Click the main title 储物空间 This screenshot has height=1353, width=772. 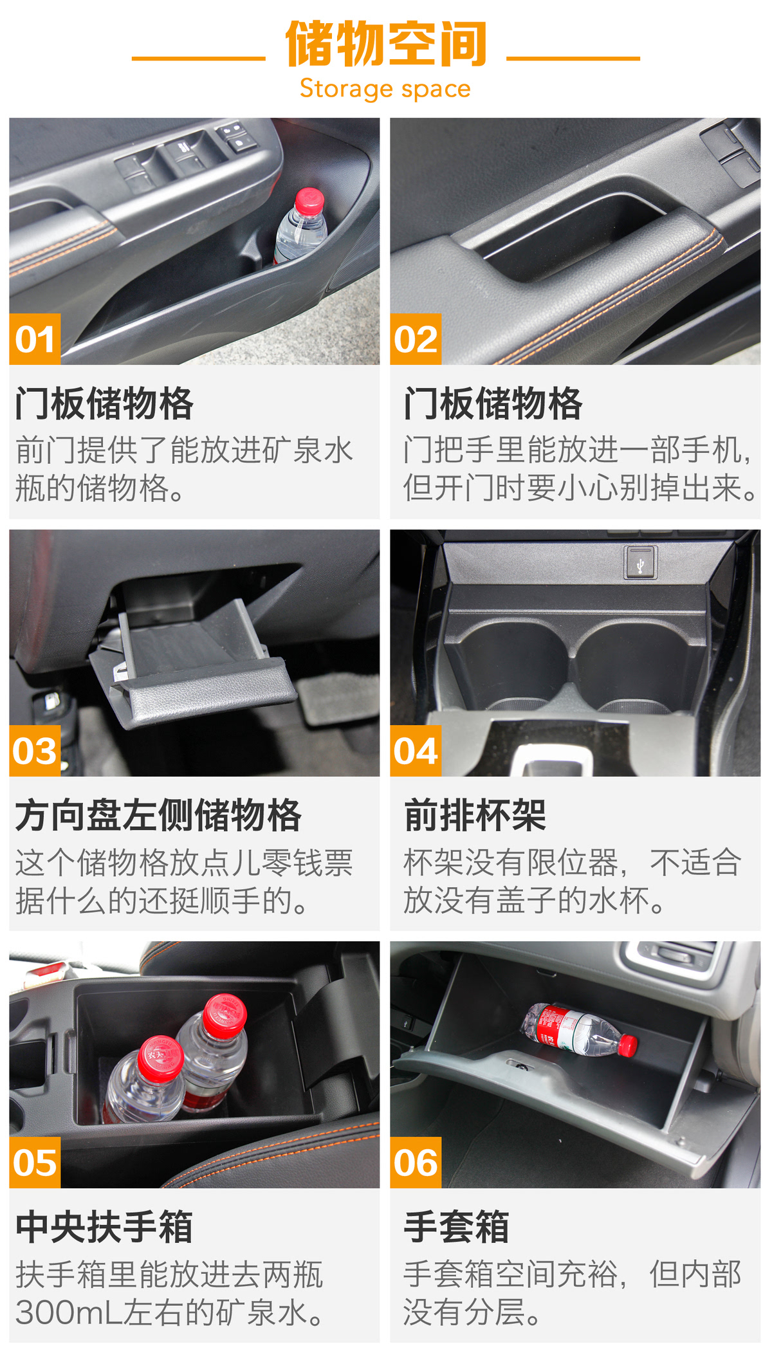pos(386,44)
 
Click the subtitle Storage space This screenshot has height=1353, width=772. pos(385,89)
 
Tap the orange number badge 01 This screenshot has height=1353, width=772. pos(35,339)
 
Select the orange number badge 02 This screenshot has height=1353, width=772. pos(416,339)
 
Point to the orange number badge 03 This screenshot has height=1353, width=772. pos(35,751)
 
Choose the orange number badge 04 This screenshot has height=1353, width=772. pos(416,751)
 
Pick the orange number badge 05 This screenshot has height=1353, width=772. pos(35,1163)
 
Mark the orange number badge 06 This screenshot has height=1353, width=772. pos(416,1163)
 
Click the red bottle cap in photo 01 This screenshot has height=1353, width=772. pos(309,201)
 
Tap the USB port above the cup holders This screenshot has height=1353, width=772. pos(640,563)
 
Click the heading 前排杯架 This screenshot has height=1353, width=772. pos(475,815)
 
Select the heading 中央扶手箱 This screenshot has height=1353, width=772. pos(104,1227)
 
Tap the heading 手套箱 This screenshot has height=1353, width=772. pos(457,1227)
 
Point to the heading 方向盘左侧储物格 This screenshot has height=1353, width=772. pos(158,815)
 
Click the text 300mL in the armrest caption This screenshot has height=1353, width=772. pos(69,1312)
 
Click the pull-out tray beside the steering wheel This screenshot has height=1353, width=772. pos(193,663)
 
